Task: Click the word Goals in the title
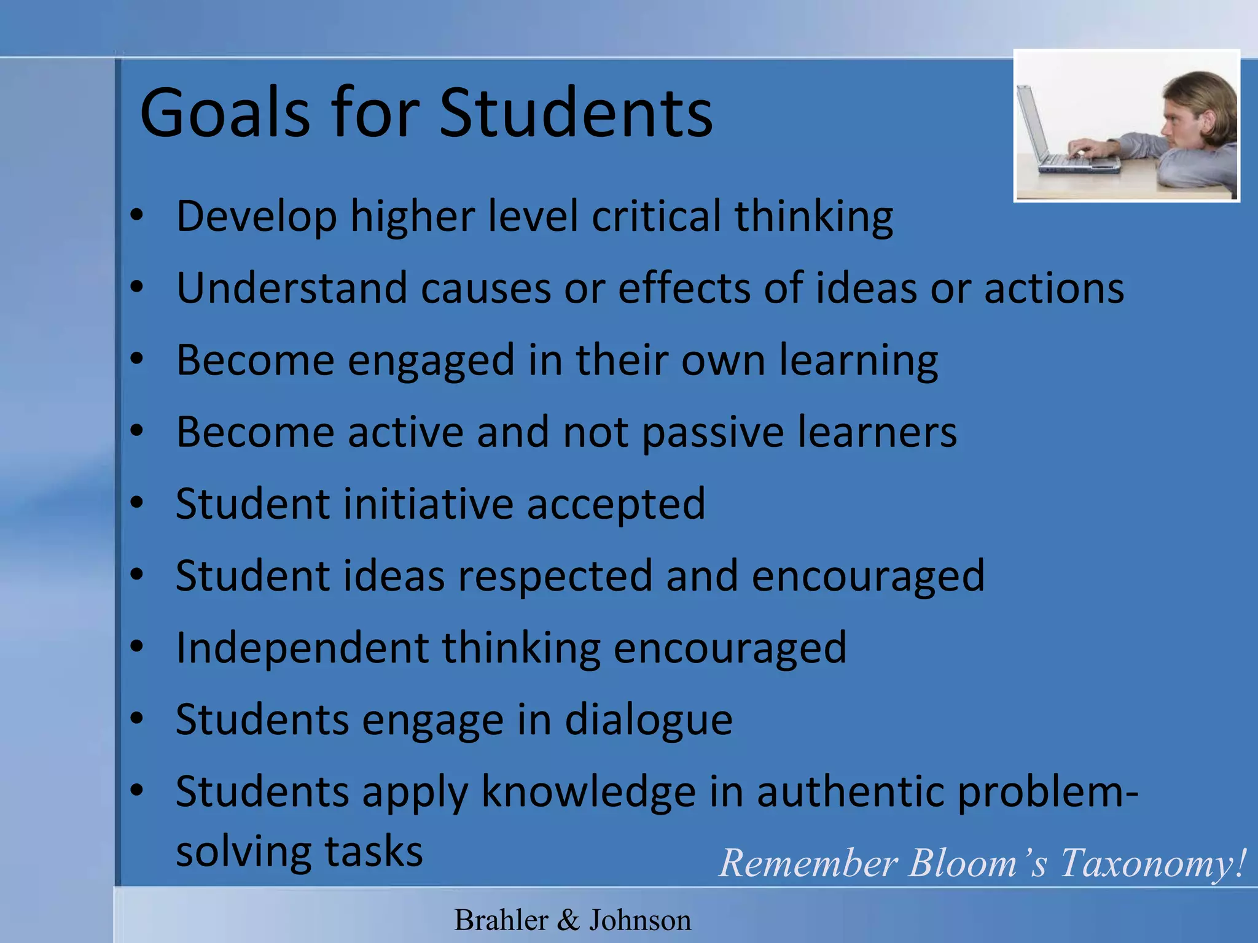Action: point(225,113)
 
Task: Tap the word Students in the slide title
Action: point(576,113)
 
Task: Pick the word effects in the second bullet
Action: point(684,288)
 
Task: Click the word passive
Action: point(713,432)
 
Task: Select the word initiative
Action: point(428,504)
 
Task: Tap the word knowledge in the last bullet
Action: point(588,791)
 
